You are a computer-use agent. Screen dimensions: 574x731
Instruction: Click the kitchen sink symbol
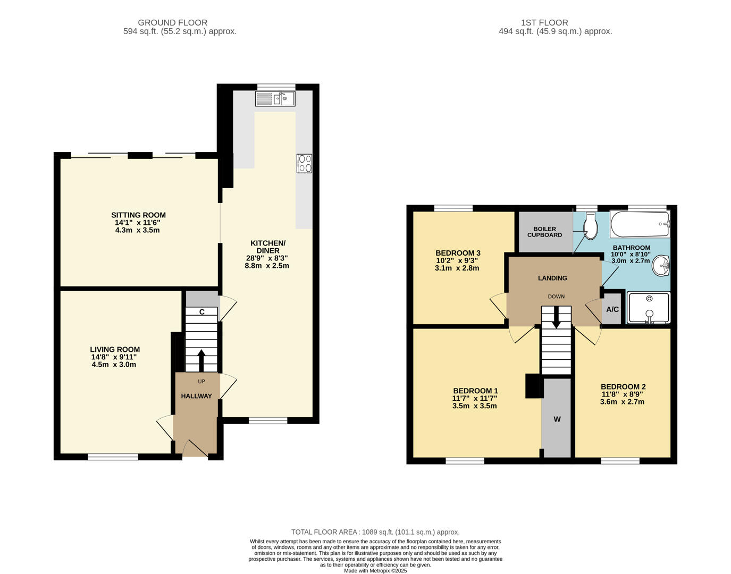coord(275,98)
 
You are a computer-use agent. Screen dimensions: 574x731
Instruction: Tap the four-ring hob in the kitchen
coord(305,163)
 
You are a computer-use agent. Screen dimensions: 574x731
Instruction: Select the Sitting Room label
coord(138,215)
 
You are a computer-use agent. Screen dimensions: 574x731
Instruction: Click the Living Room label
coord(115,350)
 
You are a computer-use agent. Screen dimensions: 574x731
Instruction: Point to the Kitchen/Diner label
coord(268,247)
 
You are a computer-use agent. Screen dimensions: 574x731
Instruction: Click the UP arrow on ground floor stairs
coord(201,360)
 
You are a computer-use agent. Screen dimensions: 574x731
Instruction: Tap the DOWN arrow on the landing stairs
coord(556,319)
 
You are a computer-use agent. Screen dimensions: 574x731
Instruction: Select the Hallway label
coord(196,396)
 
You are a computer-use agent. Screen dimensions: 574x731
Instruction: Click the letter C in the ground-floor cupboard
coord(202,312)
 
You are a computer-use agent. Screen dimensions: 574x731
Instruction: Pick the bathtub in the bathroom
coord(640,224)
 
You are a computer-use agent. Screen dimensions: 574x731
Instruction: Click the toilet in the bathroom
coord(590,227)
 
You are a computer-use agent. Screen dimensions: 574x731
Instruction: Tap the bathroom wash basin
coord(661,266)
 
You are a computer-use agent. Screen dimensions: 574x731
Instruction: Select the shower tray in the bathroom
coord(649,307)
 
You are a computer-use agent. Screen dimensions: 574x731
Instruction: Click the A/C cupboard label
coord(612,309)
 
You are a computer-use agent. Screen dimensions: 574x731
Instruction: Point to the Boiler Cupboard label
coord(544,232)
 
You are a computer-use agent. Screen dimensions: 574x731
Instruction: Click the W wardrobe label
coord(557,419)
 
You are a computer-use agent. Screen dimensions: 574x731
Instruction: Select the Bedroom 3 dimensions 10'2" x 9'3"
coord(457,260)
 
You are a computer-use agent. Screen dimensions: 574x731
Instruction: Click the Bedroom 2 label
coord(623,386)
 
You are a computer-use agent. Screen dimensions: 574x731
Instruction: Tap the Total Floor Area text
coord(375,532)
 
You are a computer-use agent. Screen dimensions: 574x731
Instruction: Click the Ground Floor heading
coord(172,22)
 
